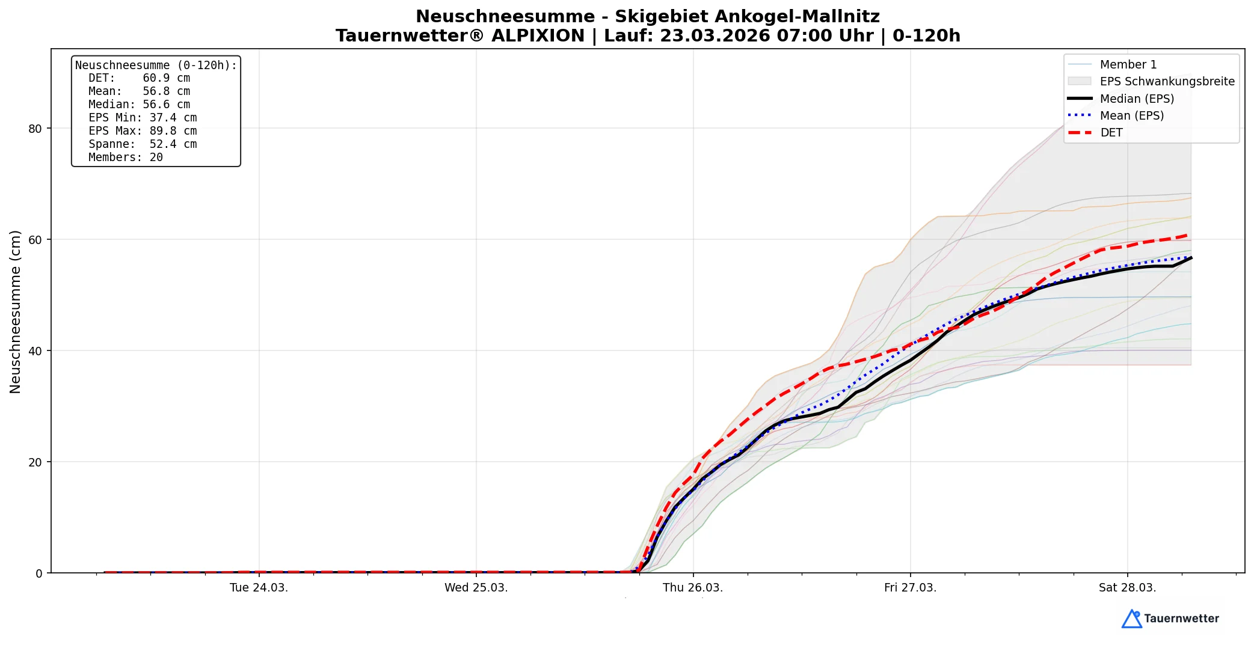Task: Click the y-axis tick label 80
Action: (x=35, y=129)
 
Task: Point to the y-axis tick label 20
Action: (x=35, y=462)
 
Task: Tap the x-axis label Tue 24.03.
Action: (x=259, y=588)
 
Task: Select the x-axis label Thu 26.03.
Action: (x=693, y=588)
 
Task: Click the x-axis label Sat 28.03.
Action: (x=1127, y=588)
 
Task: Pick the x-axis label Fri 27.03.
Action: (x=910, y=588)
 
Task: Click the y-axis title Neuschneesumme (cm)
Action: (x=15, y=311)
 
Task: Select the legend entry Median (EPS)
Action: (x=1137, y=99)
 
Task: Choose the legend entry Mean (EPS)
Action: (x=1131, y=115)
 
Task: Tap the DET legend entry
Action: (x=1111, y=133)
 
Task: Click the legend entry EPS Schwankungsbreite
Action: (x=1167, y=81)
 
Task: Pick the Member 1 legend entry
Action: (x=1128, y=64)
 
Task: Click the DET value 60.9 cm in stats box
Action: (x=166, y=78)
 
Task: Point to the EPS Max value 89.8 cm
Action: (x=173, y=131)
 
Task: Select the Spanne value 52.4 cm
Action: (x=173, y=144)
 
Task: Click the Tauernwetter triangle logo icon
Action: (x=1131, y=619)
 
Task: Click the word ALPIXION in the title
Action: (x=538, y=36)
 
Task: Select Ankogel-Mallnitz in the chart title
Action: (x=747, y=17)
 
